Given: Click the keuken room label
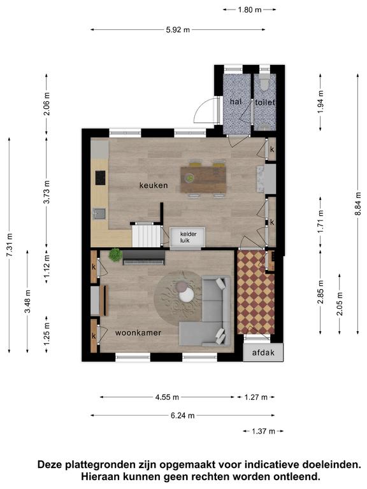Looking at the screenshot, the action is (x=154, y=185).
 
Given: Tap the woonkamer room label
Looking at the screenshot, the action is (x=138, y=333).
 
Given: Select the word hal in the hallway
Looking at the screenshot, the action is (x=236, y=101).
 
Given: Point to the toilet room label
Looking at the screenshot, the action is (x=265, y=102).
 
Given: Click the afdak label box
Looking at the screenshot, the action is (x=263, y=353).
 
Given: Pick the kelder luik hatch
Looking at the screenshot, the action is (x=187, y=237).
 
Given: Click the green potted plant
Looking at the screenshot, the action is (x=115, y=255).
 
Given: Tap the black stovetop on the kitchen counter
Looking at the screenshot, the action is (x=100, y=178).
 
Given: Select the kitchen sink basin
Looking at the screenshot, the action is (x=99, y=214).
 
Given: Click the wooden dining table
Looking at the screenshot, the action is (x=203, y=180).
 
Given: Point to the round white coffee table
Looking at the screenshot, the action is (x=187, y=294).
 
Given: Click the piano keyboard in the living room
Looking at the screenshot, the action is (x=144, y=258).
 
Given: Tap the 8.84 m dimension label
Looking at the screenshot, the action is (x=358, y=203).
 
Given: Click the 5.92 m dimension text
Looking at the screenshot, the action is (x=178, y=30).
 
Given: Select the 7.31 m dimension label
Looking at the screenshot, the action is (x=10, y=245).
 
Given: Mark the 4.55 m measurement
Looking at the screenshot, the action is (x=168, y=397).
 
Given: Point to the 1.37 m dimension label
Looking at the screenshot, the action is (x=263, y=431).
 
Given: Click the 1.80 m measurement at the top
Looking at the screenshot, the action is (x=250, y=10).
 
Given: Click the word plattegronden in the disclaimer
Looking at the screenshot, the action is (x=102, y=465).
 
